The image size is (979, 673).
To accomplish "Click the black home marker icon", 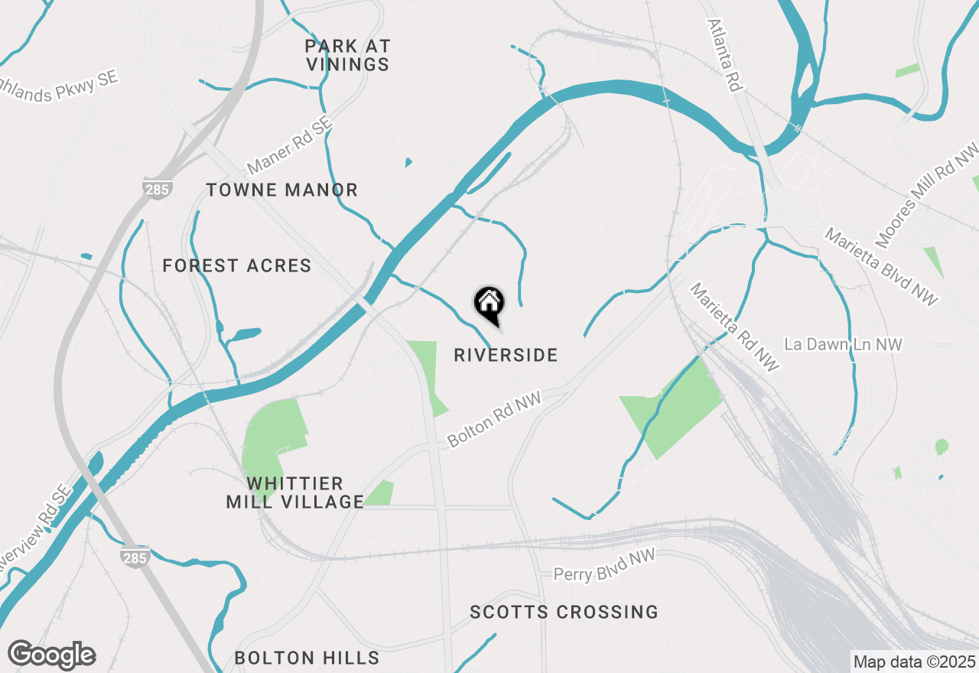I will coord(489,304).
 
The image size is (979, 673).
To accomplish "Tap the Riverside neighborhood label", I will coord(506,356).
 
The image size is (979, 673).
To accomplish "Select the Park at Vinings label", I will coord(348,56).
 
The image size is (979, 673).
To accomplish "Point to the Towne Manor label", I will coord(282,190).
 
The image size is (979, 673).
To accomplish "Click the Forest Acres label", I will coord(237,266).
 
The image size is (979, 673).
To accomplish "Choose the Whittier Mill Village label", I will coord(295,493).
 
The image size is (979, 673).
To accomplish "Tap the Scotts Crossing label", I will coord(564,613).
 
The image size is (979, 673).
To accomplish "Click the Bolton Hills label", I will coord(307,658).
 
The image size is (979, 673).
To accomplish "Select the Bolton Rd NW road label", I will coord(495,419).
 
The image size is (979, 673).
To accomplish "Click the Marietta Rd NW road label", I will coord(735,327).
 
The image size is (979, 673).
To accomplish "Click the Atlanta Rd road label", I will coord(725,55).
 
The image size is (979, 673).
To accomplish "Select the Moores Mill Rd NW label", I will coord(927,194).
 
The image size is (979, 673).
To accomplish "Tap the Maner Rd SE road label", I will coord(291,146).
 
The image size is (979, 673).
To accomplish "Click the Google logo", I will coord(51,655).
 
